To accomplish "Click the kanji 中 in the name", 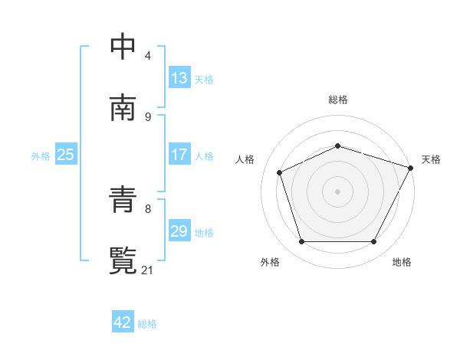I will pos(123,47).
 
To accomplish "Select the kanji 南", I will pos(123,108).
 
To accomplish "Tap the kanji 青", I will pos(123,200).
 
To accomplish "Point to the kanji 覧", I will pos(123,261).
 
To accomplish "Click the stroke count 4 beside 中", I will pos(147,56).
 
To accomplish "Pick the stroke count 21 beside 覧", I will pos(149,270).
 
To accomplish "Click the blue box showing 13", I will pos(179,78).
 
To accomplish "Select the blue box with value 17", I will pos(179,155).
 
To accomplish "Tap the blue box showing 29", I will pos(179,231).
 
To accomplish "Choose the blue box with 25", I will pos(66,155).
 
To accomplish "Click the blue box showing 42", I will pos(123,322).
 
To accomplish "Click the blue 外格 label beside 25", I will pos(41,155).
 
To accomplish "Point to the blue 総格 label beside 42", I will pos(147,324).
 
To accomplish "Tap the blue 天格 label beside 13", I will pos(204,80).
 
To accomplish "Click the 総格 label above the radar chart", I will pos(338,100).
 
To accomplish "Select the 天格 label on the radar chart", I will pos(431,159).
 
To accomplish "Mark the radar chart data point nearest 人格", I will pos(280,172).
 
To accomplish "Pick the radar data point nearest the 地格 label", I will pos(374,242).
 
